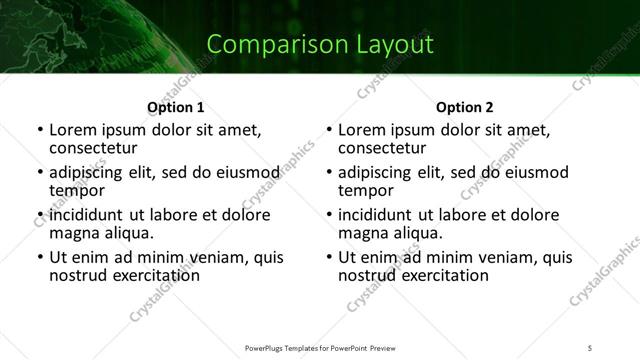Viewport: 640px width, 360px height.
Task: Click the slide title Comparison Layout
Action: click(x=320, y=44)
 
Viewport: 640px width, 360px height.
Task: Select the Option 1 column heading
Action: click(x=175, y=107)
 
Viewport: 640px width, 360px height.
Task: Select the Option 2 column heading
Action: click(x=465, y=107)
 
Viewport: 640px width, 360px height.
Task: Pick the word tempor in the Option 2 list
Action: click(x=365, y=190)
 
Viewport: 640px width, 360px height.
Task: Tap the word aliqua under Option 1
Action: click(x=127, y=233)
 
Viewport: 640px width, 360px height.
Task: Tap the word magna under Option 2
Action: click(x=362, y=233)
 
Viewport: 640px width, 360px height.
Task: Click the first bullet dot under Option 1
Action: click(x=39, y=131)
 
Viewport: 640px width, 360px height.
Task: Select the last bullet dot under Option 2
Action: click(x=328, y=258)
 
